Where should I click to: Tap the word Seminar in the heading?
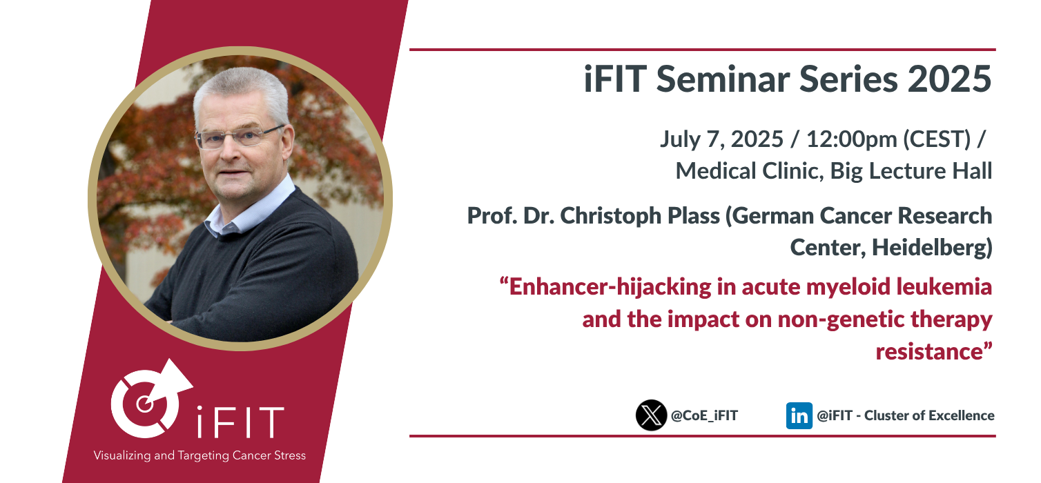pyautogui.click(x=723, y=79)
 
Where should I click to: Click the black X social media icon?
pyautogui.click(x=651, y=415)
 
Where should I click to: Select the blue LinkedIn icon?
pyautogui.click(x=799, y=415)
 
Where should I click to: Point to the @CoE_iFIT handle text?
pyautogui.click(x=704, y=415)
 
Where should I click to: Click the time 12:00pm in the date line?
pyautogui.click(x=851, y=139)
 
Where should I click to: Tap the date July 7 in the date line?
pyautogui.click(x=692, y=139)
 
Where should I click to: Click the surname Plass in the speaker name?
pyautogui.click(x=693, y=216)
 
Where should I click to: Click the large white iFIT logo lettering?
pyautogui.click(x=240, y=422)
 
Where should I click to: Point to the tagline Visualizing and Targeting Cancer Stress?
pyautogui.click(x=200, y=455)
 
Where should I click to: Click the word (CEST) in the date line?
pyautogui.click(x=937, y=139)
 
